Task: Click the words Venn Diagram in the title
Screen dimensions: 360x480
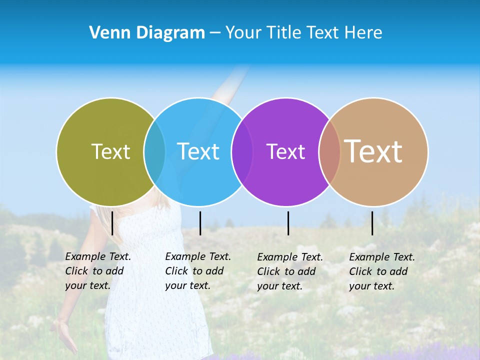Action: [147, 33]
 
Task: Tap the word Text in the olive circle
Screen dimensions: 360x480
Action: [110, 151]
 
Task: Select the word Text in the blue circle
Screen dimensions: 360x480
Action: [198, 151]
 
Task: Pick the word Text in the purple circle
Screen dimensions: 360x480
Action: [285, 151]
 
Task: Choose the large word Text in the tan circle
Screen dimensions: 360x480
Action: [373, 151]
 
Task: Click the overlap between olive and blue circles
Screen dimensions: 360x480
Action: [154, 152]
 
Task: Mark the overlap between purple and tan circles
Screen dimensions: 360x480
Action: [329, 152]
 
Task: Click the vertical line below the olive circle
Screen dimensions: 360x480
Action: [112, 223]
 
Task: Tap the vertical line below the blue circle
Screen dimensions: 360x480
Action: [200, 223]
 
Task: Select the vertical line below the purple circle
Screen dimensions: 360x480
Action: [288, 223]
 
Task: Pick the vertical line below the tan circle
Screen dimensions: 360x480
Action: [372, 223]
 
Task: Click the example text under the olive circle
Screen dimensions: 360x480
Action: [97, 271]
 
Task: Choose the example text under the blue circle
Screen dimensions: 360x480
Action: [197, 271]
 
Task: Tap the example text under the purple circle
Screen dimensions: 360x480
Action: [289, 271]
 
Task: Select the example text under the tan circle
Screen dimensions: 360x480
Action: [381, 271]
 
